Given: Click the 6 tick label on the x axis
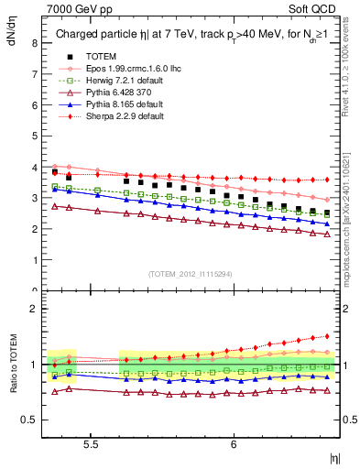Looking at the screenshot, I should click(235, 443).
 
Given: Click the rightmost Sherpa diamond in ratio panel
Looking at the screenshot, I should click(327, 335).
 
